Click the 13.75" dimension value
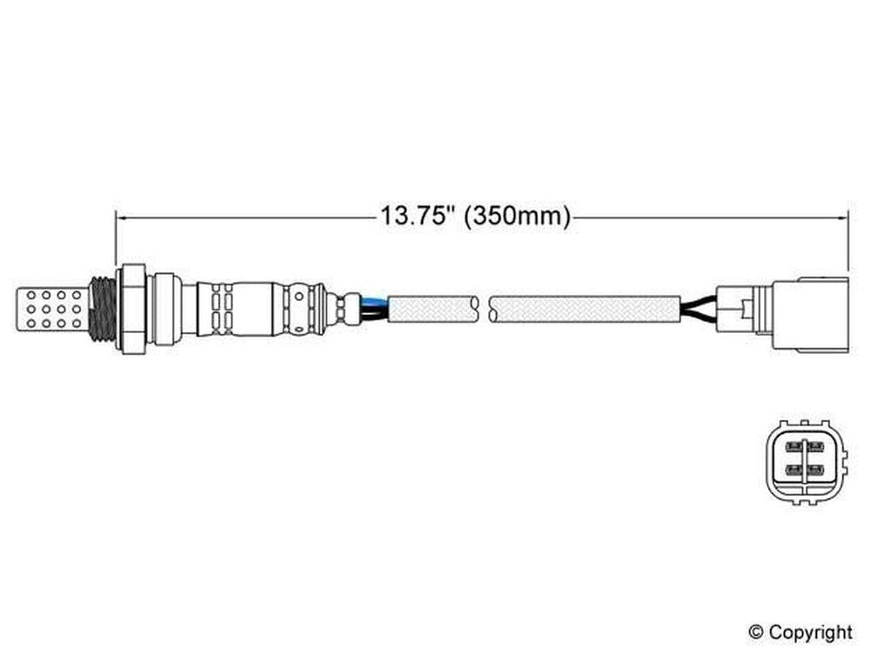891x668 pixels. [415, 217]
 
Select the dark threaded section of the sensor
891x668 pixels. [102, 310]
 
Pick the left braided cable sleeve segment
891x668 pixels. [432, 309]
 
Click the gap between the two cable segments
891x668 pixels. [484, 309]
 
